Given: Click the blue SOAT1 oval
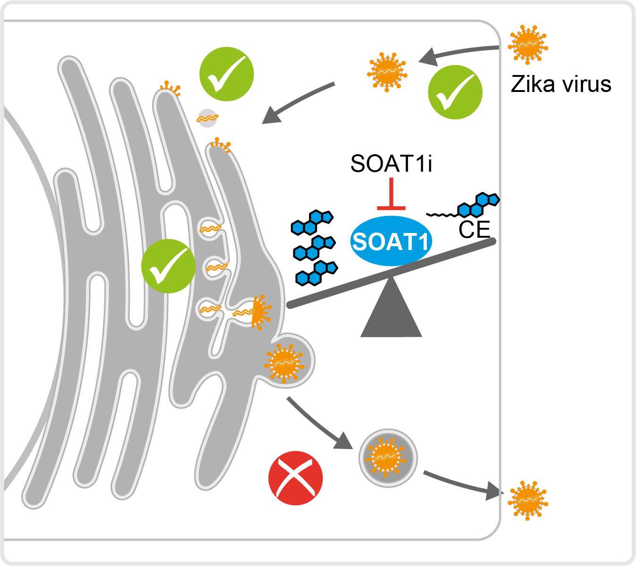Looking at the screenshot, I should (391, 241).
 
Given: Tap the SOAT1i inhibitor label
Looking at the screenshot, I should (391, 164).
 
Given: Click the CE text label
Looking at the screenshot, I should (474, 230).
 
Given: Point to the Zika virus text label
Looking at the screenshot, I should (561, 84).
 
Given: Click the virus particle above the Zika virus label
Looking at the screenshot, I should (527, 44).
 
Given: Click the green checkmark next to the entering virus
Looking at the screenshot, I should (455, 92).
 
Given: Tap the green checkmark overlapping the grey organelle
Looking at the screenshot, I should (168, 266).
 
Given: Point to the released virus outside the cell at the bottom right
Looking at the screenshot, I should (527, 500).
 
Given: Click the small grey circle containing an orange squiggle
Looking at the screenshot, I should (207, 118).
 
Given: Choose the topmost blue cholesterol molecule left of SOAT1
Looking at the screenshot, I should (312, 222).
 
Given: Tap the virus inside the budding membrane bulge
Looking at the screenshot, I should (283, 362).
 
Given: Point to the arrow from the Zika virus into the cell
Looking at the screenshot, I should (458, 52).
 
